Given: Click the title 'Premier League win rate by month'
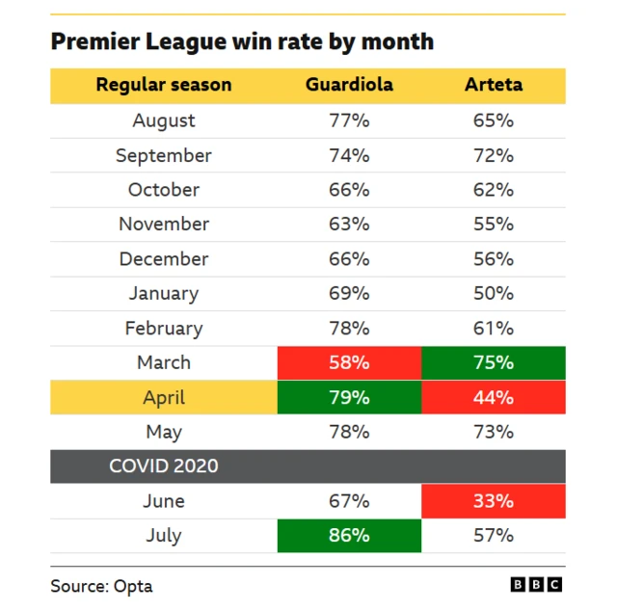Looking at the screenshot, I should point(242,42).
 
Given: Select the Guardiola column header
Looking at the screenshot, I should point(349,85).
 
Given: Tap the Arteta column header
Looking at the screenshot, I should point(494,85).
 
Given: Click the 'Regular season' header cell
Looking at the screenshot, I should point(164,85).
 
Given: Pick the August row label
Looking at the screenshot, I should point(164,120).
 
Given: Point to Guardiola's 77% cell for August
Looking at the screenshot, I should point(349,120).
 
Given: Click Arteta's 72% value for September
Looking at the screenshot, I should point(494,155).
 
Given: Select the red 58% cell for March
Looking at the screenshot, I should point(349,363).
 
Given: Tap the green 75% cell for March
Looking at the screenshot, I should point(494,363).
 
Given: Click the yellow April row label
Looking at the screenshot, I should point(164,398).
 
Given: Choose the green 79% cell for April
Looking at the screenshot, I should point(349,398).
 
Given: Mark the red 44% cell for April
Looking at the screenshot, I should point(494,398).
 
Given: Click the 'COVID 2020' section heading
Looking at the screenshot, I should point(164,466).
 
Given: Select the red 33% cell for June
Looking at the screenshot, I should point(494,501).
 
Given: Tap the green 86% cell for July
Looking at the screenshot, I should point(349,536).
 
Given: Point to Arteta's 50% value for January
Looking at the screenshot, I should point(494,294).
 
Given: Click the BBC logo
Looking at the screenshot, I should point(536,585).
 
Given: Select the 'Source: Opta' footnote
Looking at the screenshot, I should point(102,586).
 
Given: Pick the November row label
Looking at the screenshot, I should point(164,225).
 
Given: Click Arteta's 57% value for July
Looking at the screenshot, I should point(494,536).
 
